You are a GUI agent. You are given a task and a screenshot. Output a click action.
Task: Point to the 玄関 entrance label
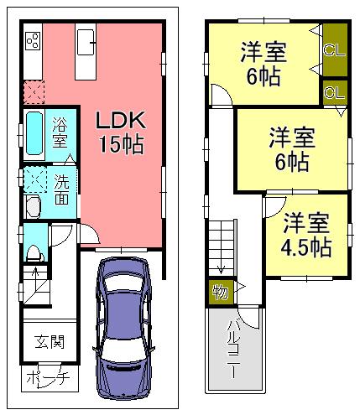pyautogui.click(x=49, y=342)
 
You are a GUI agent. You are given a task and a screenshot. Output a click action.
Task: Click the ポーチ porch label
pyautogui.click(x=48, y=378)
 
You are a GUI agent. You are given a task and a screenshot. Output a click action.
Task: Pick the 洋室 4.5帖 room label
pyautogui.click(x=305, y=236)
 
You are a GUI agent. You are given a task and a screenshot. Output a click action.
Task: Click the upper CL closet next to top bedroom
pyautogui.click(x=333, y=49)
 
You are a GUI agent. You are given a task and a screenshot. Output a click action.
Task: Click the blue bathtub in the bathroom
pyautogui.click(x=33, y=133)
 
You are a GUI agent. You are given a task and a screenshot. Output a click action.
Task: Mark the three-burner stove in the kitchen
pyautogui.click(x=33, y=41)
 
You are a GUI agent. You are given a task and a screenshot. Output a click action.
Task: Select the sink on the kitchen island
pyautogui.click(x=87, y=40)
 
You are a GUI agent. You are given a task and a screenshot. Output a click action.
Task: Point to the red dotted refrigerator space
pyautogui.click(x=34, y=91)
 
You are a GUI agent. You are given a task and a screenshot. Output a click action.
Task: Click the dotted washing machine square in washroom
pyautogui.click(x=35, y=179)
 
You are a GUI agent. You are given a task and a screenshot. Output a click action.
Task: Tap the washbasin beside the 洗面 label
pyautogui.click(x=33, y=207)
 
